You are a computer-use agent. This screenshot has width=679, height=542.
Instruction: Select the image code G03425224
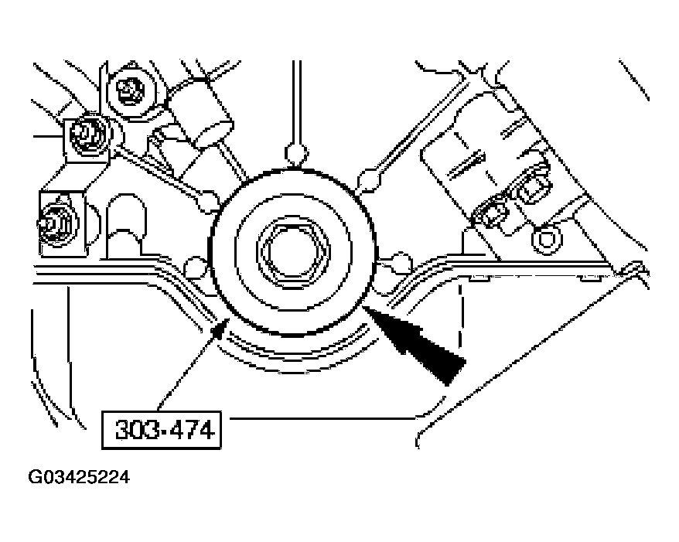click(x=80, y=478)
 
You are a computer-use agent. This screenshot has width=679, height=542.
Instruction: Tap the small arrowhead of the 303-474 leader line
click(x=221, y=330)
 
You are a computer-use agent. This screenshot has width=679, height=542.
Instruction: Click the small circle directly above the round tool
click(x=295, y=152)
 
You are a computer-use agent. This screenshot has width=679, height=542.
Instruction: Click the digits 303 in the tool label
click(x=133, y=430)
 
